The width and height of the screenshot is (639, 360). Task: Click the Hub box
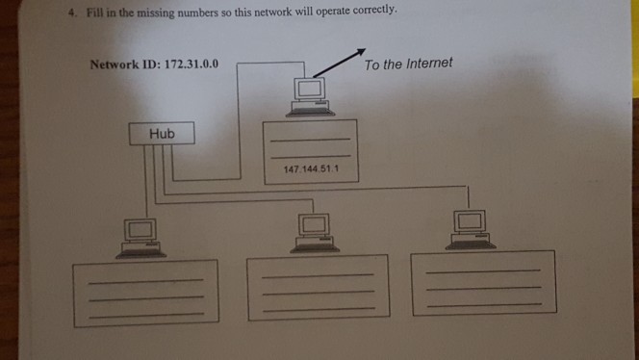tap(162, 134)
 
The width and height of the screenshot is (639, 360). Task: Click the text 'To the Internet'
tap(408, 64)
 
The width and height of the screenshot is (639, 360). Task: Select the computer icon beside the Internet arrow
tap(309, 95)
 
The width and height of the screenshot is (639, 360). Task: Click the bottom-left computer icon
tap(141, 237)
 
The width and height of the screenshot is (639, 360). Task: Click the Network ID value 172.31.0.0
tap(192, 64)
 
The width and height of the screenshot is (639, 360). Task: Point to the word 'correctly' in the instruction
tap(366, 11)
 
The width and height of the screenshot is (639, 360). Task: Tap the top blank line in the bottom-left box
tap(146, 281)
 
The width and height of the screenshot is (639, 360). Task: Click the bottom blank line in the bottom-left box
tap(146, 315)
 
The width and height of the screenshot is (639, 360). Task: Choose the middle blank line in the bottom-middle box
tap(318, 293)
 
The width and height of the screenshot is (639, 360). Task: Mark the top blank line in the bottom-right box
tap(484, 271)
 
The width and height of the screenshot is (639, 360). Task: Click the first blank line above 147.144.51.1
tap(309, 141)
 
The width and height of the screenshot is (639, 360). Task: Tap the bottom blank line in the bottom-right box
tap(484, 305)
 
